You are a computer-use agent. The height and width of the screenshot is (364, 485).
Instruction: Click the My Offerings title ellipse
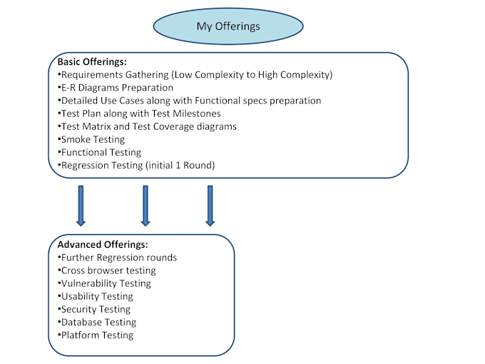[228, 26]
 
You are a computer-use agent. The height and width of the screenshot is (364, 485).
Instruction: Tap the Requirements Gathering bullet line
[195, 75]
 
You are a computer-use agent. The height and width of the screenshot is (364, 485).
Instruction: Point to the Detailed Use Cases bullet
[189, 101]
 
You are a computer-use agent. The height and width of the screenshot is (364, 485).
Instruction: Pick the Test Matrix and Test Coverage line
[147, 126]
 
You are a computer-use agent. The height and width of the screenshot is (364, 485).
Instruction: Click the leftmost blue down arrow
[81, 206]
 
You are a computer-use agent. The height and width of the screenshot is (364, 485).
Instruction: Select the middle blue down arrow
[145, 206]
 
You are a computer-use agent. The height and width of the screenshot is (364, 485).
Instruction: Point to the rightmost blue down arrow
[210, 206]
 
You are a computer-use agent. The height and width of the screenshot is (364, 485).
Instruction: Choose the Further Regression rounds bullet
[118, 258]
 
